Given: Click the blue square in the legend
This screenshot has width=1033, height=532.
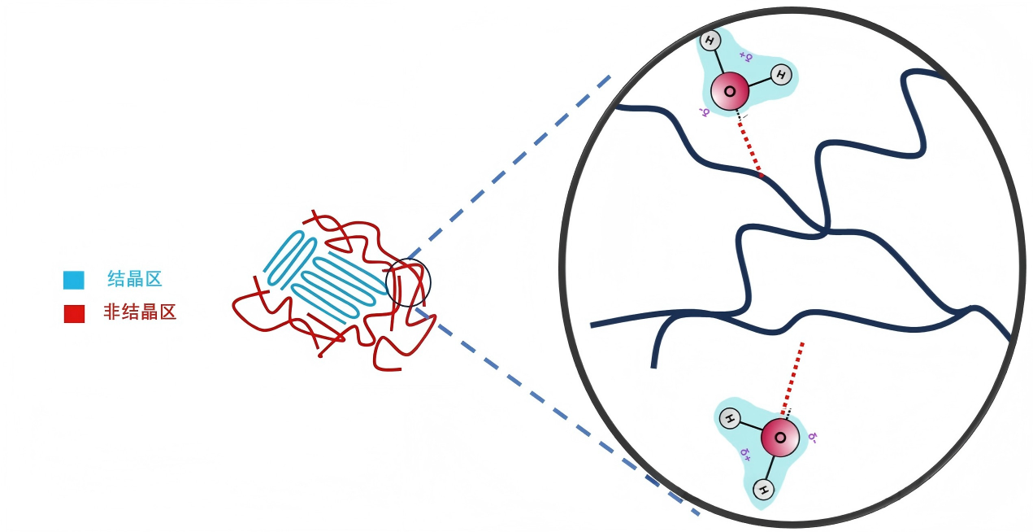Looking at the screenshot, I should coord(73,280).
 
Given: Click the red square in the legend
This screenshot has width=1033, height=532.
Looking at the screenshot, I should coord(74,313).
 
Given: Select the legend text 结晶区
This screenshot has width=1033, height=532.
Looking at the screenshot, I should coord(135,280).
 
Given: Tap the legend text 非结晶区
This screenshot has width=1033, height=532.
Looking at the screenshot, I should coord(140,312).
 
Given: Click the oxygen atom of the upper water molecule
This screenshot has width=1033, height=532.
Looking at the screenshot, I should coord(730,92).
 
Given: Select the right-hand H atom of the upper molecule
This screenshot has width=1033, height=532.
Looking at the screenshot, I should coord(780,75).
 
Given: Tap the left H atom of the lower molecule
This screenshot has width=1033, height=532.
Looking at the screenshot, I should coord(730,420).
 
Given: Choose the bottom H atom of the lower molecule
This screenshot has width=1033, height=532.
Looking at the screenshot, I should coord(762,490).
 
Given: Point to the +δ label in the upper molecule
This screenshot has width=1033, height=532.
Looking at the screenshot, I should coord(746,58).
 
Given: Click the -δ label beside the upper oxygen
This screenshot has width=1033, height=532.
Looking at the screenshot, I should coord(705,111).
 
